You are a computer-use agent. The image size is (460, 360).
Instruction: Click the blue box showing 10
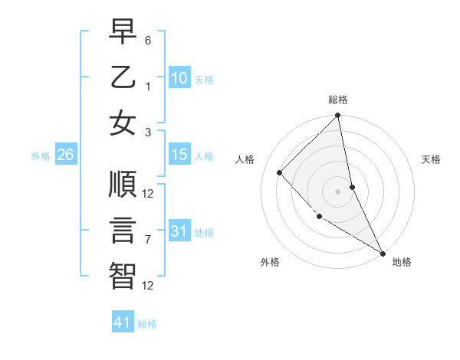click(x=179, y=78)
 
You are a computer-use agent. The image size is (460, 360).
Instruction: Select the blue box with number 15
click(x=179, y=155)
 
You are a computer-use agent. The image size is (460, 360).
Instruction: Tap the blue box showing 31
click(x=179, y=231)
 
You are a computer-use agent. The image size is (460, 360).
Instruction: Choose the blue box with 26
click(x=65, y=155)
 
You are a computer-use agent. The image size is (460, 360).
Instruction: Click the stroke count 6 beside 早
click(x=148, y=40)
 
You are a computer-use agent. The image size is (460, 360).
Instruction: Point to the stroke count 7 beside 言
click(x=148, y=240)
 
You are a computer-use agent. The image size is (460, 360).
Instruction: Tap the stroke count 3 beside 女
click(x=148, y=132)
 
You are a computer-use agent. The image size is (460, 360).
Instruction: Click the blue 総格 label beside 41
click(x=147, y=324)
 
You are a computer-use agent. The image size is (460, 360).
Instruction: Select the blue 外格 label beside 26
click(x=41, y=156)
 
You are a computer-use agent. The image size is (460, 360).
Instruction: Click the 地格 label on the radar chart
click(x=402, y=262)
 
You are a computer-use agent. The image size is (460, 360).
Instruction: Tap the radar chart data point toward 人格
click(x=280, y=172)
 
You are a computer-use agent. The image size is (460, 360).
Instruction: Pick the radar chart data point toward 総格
click(x=337, y=116)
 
